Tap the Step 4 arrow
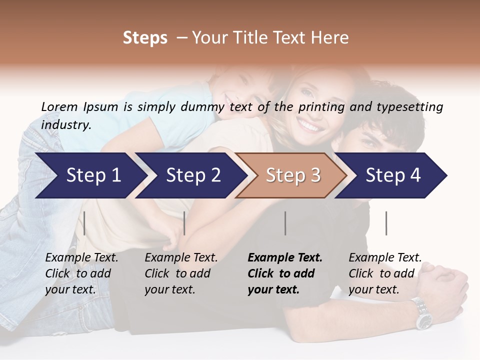[392, 175]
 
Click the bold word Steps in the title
[145, 38]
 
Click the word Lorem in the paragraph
[59, 106]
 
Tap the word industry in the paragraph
[65, 125]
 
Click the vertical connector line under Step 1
[84, 223]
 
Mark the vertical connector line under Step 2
[184, 223]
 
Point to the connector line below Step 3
[285, 223]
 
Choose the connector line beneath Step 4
[386, 223]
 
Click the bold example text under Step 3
[284, 273]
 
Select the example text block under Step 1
[81, 273]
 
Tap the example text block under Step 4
[385, 273]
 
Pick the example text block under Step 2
[181, 273]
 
